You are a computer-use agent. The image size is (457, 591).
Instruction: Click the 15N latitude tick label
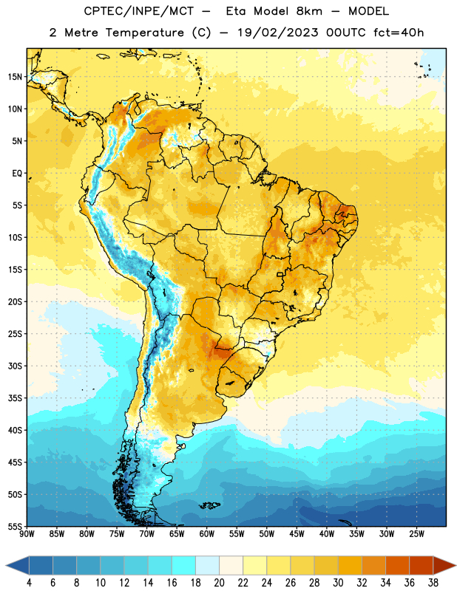click(x=15, y=77)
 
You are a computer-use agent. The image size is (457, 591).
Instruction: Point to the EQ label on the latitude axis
click(x=17, y=174)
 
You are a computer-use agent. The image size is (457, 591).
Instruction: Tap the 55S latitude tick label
click(x=15, y=527)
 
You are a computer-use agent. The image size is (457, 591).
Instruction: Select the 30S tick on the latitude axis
click(x=15, y=366)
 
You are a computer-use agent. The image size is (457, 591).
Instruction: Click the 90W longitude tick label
click(x=27, y=534)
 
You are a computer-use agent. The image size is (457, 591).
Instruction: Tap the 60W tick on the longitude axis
click(x=207, y=534)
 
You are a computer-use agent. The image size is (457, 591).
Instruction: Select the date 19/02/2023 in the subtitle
click(x=278, y=33)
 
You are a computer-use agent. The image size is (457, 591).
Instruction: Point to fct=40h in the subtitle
click(x=399, y=33)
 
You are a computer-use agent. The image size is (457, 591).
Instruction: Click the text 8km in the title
click(x=309, y=12)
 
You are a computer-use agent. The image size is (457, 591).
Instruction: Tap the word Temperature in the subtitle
click(x=144, y=33)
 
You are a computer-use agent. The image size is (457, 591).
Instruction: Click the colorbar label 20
click(x=219, y=583)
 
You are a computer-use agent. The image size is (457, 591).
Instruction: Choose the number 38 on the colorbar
click(x=433, y=583)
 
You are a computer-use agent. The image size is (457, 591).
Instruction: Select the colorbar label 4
click(x=29, y=583)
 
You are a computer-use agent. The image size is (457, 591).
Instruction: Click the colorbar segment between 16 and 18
click(x=183, y=566)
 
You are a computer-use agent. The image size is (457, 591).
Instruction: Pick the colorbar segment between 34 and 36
click(x=397, y=566)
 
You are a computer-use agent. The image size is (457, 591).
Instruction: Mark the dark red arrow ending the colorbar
click(x=444, y=566)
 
